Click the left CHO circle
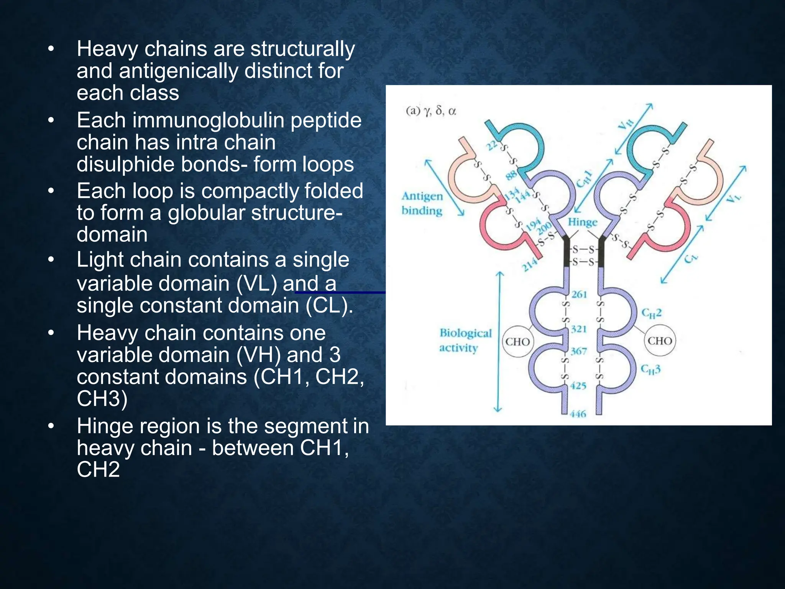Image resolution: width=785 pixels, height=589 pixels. (x=517, y=341)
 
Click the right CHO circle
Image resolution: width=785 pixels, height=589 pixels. (x=660, y=341)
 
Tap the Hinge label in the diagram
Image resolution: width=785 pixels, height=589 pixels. (x=582, y=222)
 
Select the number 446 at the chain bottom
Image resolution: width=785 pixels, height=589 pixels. (x=578, y=414)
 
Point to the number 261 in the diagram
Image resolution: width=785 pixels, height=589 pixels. (x=579, y=294)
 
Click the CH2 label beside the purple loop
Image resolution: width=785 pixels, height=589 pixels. (x=651, y=313)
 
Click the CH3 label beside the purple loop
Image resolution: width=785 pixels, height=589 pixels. (x=650, y=369)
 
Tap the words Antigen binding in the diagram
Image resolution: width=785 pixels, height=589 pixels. (x=422, y=203)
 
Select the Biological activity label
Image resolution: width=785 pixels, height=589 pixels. (x=465, y=340)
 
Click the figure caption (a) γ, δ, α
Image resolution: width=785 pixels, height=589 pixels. (x=431, y=111)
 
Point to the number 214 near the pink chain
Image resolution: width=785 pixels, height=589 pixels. (x=530, y=265)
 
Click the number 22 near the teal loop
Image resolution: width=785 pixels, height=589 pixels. (x=492, y=145)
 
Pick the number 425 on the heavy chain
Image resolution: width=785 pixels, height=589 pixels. (x=578, y=386)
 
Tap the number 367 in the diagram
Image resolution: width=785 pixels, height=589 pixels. (x=578, y=351)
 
